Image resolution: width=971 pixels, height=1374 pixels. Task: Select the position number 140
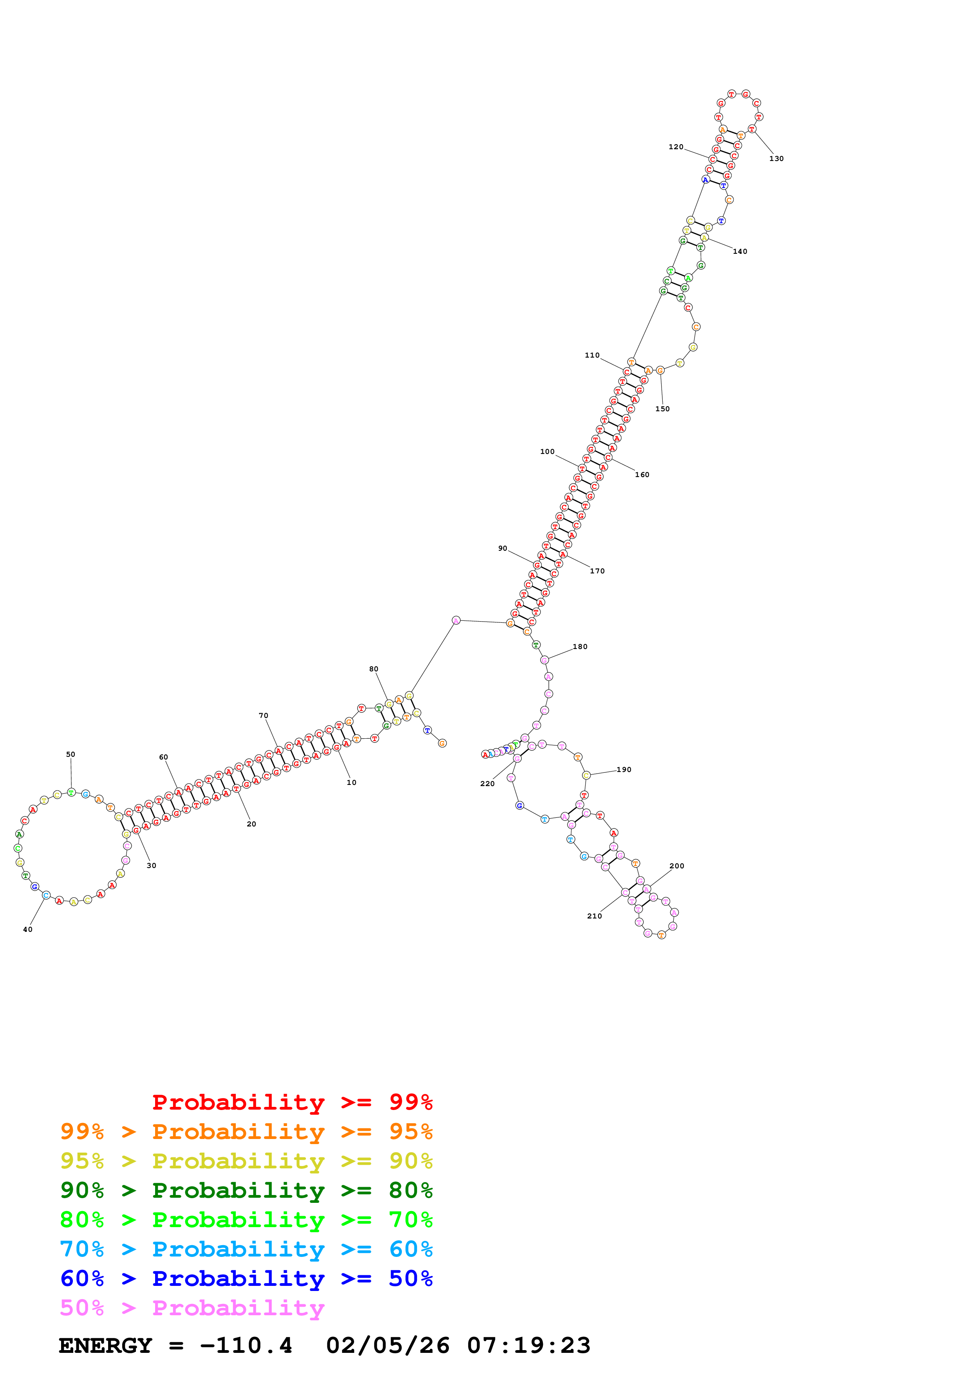(740, 251)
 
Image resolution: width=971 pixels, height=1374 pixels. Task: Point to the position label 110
(592, 355)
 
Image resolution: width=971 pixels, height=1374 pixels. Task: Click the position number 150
(662, 409)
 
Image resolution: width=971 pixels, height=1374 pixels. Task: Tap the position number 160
(642, 475)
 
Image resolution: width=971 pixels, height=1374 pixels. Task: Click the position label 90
(503, 548)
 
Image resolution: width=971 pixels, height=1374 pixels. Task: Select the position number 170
(597, 571)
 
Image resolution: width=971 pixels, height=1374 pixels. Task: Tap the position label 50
(71, 754)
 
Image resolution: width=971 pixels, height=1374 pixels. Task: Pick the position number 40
(27, 929)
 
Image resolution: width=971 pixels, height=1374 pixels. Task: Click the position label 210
(594, 916)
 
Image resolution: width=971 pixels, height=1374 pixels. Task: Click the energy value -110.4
(246, 1345)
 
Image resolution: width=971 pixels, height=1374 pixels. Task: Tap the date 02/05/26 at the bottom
(388, 1345)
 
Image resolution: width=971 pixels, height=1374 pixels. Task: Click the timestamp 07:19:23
(528, 1345)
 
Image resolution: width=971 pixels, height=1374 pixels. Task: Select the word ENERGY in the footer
(105, 1345)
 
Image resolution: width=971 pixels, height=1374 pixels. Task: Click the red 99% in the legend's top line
(410, 1102)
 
